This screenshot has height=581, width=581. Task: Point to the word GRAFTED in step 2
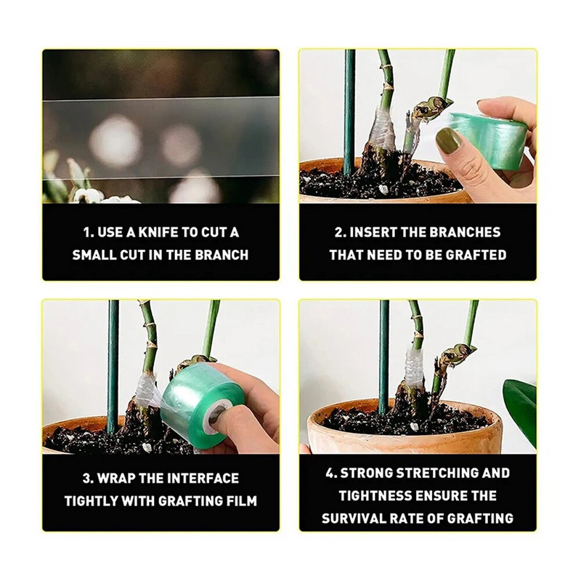point(476,255)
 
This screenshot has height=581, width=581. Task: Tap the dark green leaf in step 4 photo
point(519,408)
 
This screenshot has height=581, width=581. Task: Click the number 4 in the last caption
point(330,474)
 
